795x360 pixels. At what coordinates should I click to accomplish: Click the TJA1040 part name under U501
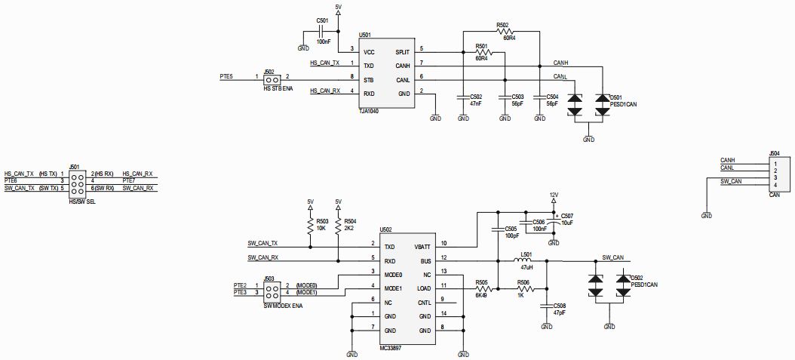point(370,111)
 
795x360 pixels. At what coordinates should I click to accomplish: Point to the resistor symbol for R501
point(482,52)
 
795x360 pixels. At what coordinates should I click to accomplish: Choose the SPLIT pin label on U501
point(402,52)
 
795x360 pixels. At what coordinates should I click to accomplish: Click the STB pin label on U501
point(368,78)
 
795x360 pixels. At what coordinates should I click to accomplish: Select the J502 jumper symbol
point(272,78)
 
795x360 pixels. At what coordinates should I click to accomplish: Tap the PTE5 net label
point(226,76)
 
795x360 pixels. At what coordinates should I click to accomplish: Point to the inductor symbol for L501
point(526,261)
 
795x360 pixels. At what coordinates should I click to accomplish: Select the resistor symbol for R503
point(310,226)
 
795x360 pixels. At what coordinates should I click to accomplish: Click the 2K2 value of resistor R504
point(349,227)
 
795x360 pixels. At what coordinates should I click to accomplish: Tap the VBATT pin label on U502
point(422,247)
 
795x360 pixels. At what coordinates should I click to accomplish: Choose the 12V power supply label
point(553,195)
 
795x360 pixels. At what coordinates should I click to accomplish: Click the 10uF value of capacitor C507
point(568,222)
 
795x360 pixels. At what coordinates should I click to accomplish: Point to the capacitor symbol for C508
point(546,306)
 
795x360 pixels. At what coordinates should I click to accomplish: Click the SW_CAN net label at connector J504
point(730,182)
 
